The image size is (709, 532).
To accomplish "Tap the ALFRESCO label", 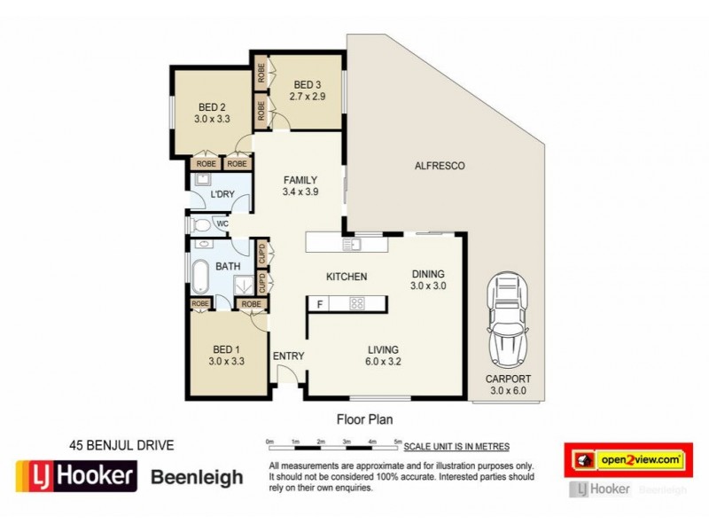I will coord(440,166).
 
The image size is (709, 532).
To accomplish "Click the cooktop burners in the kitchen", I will coord(357,303).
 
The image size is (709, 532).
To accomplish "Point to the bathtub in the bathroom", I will coord(201,277).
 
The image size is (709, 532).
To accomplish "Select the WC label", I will coord(222,223).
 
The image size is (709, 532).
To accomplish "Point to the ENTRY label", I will coord(288,356).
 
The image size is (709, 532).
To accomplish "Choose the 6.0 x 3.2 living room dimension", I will coord(383,362).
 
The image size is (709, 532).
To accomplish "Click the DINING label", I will coord(427,274).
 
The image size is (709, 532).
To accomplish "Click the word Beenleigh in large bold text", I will coord(196,478).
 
